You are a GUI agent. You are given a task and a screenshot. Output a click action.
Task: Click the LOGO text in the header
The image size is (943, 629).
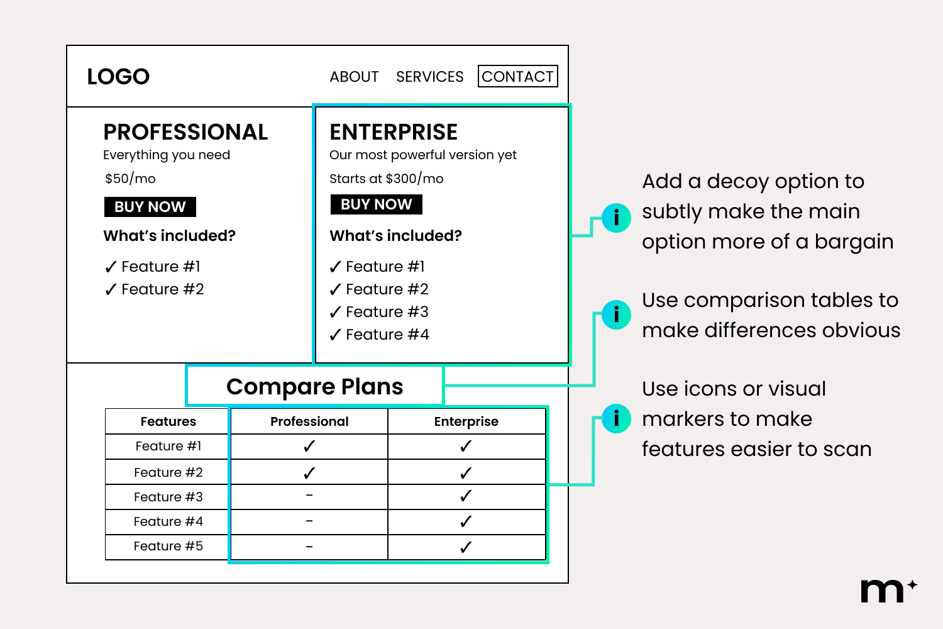118,77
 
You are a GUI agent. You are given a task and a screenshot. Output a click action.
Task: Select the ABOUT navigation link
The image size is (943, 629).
354,77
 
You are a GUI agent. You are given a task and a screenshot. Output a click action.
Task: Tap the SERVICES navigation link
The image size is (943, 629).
429,77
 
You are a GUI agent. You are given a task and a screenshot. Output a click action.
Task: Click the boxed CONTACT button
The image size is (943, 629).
517,76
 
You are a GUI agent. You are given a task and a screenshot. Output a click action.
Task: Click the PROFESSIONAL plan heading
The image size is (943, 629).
185,132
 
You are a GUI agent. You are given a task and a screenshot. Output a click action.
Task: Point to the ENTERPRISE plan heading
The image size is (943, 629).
394,132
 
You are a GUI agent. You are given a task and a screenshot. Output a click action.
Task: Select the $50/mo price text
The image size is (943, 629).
130,179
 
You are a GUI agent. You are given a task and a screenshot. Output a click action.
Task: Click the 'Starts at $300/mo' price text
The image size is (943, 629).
386,179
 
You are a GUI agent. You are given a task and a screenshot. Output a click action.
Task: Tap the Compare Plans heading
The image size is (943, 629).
314,386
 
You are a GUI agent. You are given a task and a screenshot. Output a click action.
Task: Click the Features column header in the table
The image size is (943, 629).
168,421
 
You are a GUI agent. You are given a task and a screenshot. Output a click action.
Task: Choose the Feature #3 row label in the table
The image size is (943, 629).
168,497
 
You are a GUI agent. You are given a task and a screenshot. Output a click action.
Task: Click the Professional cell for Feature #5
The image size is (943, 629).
309,547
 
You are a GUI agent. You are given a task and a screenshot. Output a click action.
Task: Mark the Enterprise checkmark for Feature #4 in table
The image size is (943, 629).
466,521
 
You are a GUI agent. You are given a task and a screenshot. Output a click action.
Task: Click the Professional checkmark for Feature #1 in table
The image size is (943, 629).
309,446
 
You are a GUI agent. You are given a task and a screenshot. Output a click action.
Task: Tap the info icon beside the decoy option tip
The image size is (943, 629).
616,218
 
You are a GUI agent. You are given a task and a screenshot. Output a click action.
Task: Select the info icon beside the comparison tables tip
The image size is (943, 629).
616,314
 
